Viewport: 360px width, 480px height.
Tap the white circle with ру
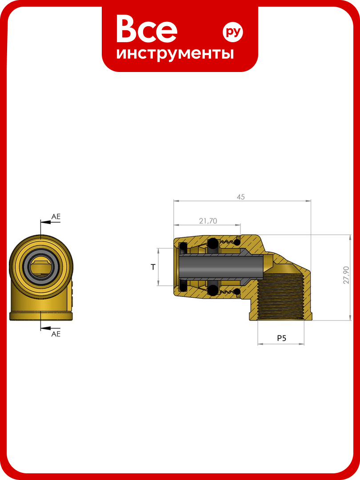232,32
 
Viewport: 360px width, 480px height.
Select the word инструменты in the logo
175,54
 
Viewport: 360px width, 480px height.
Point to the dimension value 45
240,197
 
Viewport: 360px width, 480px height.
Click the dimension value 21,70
208,221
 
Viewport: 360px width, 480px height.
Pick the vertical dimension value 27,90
346,275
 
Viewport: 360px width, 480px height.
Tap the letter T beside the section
153,267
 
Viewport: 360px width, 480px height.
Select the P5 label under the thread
281,338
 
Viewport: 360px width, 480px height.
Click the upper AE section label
56,216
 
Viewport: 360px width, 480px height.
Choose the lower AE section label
56,334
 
